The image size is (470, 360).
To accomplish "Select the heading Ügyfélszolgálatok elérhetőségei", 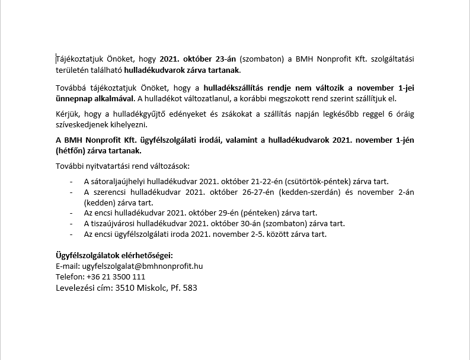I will (x=114, y=255).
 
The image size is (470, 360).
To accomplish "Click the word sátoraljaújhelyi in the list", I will (x=121, y=181).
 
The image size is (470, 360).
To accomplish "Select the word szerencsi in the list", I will (x=110, y=192).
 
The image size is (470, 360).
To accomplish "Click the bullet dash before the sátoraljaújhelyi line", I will (x=72, y=181).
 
